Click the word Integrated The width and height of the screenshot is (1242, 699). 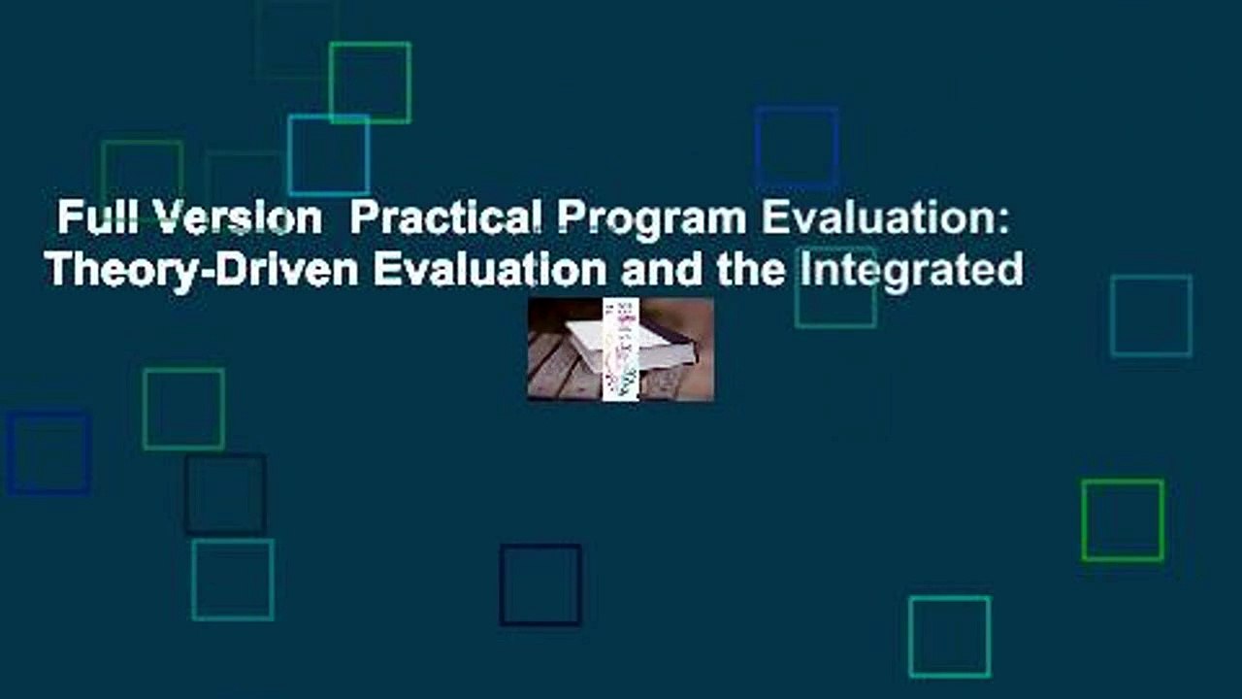(909, 270)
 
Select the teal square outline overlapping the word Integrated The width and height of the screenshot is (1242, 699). (835, 287)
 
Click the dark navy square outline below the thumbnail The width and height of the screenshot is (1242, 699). (540, 584)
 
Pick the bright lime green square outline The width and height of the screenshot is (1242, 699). (1123, 520)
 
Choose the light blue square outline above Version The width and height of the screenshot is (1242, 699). (328, 155)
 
